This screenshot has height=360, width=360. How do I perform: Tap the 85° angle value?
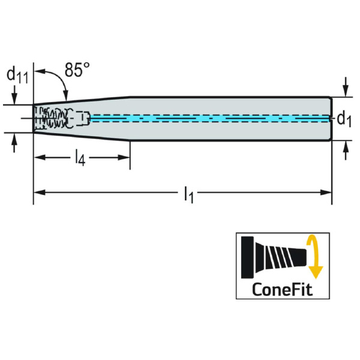coord(77,70)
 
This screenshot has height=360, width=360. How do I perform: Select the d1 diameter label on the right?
coord(343,118)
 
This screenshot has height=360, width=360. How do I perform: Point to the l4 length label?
coord(80,158)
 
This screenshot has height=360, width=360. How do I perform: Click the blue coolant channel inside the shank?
coord(210,118)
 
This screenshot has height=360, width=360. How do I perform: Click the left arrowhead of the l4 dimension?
coord(38,157)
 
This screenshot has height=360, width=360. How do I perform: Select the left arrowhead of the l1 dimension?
coord(38,192)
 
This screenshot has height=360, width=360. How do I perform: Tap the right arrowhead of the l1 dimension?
coord(328,192)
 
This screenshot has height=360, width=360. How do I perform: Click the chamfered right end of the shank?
coord(330,118)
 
